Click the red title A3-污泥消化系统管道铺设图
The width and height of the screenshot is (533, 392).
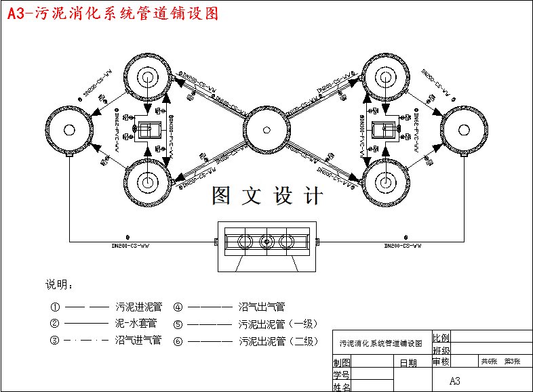114,14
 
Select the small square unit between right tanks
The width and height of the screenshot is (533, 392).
385,129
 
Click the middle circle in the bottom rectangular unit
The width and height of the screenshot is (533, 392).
266,242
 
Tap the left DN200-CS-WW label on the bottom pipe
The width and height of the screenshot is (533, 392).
130,246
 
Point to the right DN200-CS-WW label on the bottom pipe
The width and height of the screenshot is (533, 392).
403,246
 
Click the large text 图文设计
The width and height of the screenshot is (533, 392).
267,196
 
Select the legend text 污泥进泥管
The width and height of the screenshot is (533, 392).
138,307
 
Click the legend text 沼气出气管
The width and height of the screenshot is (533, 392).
262,307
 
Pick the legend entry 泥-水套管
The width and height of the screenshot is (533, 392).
136,324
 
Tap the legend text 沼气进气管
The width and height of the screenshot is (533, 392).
138,341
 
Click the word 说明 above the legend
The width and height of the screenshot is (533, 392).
58,284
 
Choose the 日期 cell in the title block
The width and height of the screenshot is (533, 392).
408,363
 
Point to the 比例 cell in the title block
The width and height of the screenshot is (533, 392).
441,337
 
